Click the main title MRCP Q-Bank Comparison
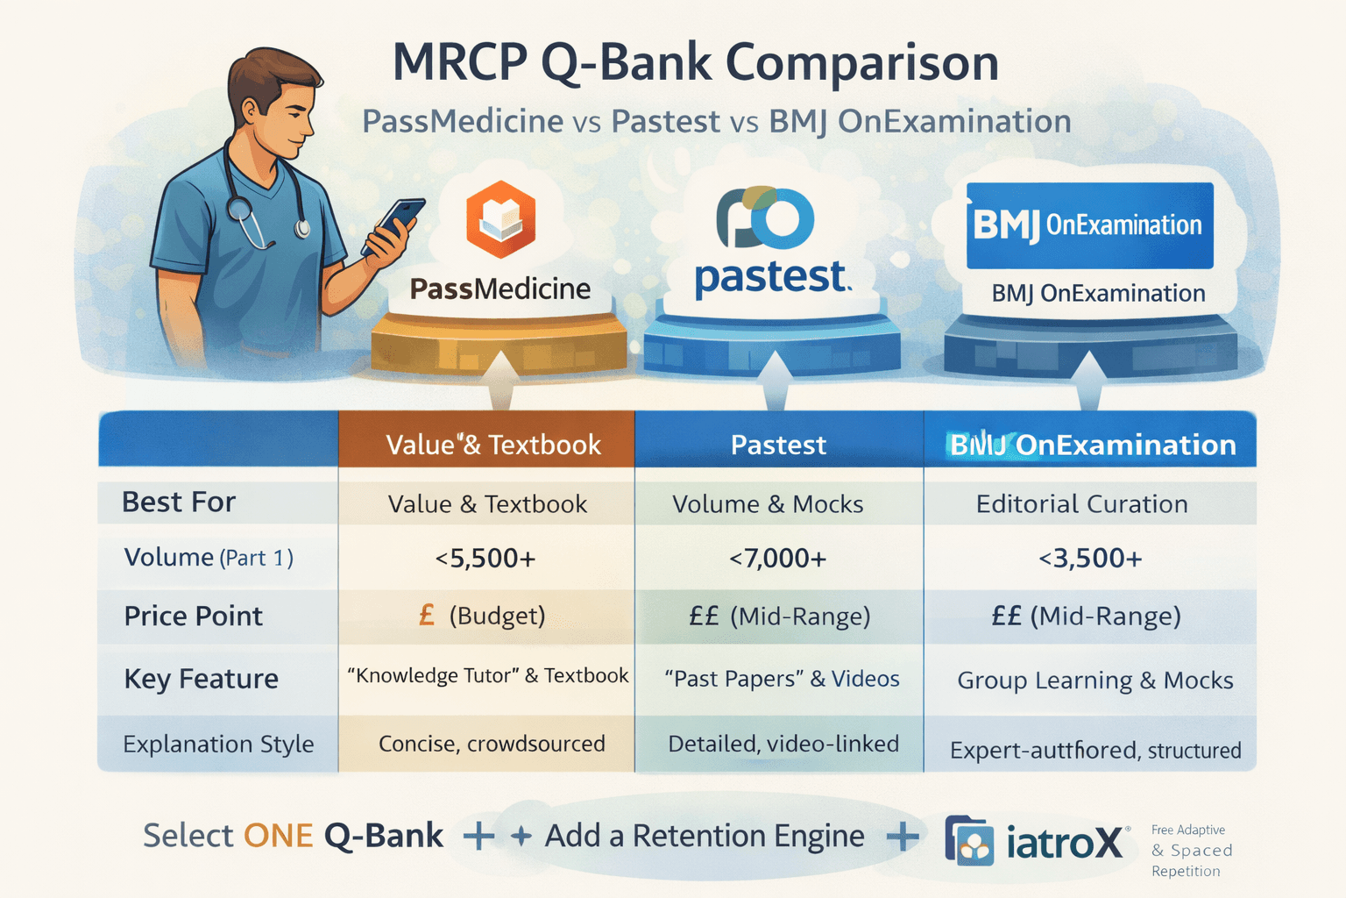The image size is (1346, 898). pyautogui.click(x=695, y=63)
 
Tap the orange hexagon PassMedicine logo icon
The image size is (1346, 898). pyautogui.click(x=500, y=219)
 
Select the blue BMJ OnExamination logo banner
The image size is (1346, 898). pyautogui.click(x=1089, y=225)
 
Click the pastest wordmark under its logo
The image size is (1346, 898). pyautogui.click(x=771, y=278)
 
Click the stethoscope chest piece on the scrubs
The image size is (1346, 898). pyautogui.click(x=239, y=210)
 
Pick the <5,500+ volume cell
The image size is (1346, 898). pyautogui.click(x=485, y=559)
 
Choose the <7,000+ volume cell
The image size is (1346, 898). pyautogui.click(x=778, y=559)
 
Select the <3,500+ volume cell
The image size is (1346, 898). pyautogui.click(x=1090, y=559)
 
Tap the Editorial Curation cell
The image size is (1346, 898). pyautogui.click(x=1081, y=504)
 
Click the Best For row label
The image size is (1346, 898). pyautogui.click(x=179, y=502)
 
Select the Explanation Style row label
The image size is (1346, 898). pyautogui.click(x=218, y=745)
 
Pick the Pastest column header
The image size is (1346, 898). pyautogui.click(x=778, y=445)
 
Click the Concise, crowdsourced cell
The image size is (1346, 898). pyautogui.click(x=492, y=744)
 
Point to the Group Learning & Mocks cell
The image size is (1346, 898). pyautogui.click(x=1095, y=681)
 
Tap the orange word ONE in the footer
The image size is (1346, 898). pyautogui.click(x=278, y=836)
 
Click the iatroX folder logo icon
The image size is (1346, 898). pyautogui.click(x=969, y=841)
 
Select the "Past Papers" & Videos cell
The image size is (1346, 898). pyautogui.click(x=782, y=679)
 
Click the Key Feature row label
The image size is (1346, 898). pyautogui.click(x=201, y=680)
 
